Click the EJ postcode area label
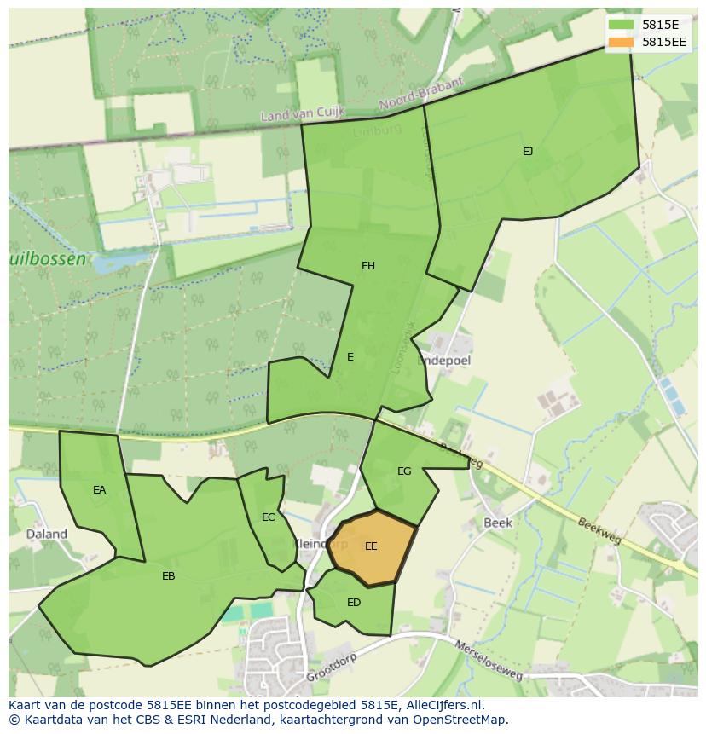pos(528,152)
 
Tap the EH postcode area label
pos(368,266)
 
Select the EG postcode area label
pos(404,471)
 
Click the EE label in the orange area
pos(371,546)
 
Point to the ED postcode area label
pos(354,603)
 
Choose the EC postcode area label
pos(269,517)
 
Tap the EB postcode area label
pos(169,576)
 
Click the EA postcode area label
pos(100,490)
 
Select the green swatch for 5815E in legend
pos(622,25)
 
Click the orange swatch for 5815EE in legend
pos(622,41)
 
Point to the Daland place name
pos(47,535)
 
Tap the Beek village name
pos(497,523)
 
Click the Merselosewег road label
pos(489,661)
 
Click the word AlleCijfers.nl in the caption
pos(444,705)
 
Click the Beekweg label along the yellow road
pos(602,533)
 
